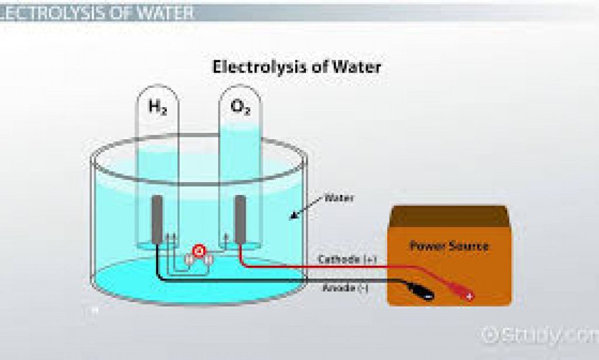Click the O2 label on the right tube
pos(240,107)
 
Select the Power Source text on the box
pos(449,245)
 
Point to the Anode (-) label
pos(345,287)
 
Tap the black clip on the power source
pos(418,289)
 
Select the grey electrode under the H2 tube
pos(157,220)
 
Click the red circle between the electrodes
pos(199,252)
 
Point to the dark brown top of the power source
pos(447,215)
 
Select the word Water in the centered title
pos(357,67)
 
